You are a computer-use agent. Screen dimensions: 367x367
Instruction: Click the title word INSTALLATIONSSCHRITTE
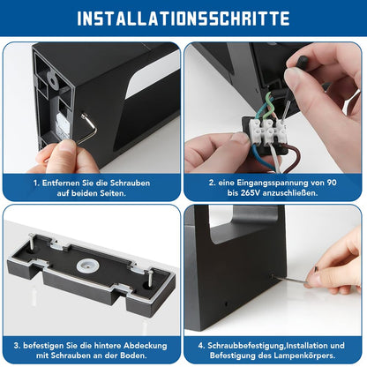click(x=183, y=18)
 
